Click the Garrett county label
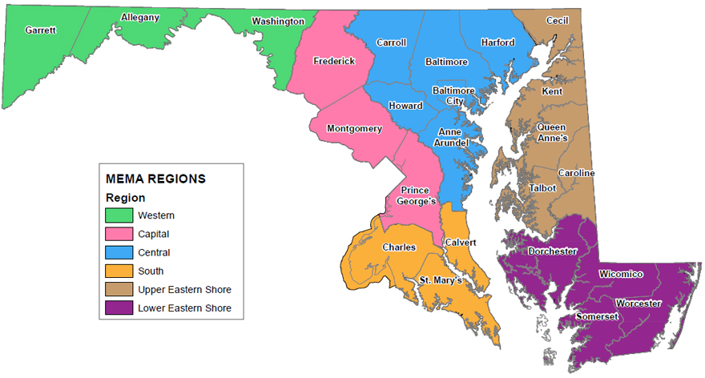click(x=40, y=30)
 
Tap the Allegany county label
click(x=140, y=17)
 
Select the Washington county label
click(x=277, y=21)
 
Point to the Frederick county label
click(x=334, y=61)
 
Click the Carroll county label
click(x=392, y=42)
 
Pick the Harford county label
click(x=498, y=42)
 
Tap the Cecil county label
click(x=558, y=20)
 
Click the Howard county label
click(x=405, y=106)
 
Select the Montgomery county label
click(x=354, y=128)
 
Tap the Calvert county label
click(x=461, y=242)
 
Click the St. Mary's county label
click(x=440, y=279)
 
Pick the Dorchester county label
click(x=553, y=251)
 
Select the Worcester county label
click(x=638, y=304)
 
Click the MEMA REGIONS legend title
click(x=155, y=179)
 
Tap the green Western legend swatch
click(x=119, y=215)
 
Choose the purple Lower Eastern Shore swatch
click(x=119, y=308)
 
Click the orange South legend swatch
click(x=119, y=271)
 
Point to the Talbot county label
click(x=542, y=188)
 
